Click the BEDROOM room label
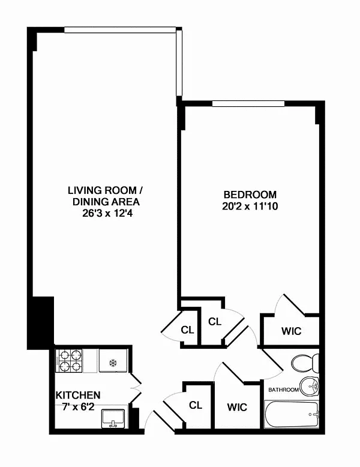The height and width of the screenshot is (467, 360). (250, 194)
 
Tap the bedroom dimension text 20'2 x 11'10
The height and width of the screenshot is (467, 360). (250, 206)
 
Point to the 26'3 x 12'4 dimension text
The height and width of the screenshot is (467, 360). (107, 213)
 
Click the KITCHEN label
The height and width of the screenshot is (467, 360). (78, 395)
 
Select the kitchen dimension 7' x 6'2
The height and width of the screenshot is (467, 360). (79, 406)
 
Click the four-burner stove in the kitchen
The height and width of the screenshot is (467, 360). (69, 361)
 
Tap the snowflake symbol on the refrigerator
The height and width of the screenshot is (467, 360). (113, 363)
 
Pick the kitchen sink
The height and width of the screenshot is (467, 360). (113, 419)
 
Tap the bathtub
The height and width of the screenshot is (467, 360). (292, 414)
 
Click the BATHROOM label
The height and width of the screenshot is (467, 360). (283, 390)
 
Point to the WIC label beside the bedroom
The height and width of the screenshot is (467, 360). (291, 331)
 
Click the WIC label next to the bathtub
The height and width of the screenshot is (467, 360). (237, 407)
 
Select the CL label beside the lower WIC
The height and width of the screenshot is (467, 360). (196, 405)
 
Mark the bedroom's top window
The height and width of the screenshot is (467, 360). (248, 104)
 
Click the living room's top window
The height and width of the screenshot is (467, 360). (120, 30)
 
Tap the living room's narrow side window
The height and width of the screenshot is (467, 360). (179, 63)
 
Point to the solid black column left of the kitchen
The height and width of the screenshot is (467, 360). (40, 323)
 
